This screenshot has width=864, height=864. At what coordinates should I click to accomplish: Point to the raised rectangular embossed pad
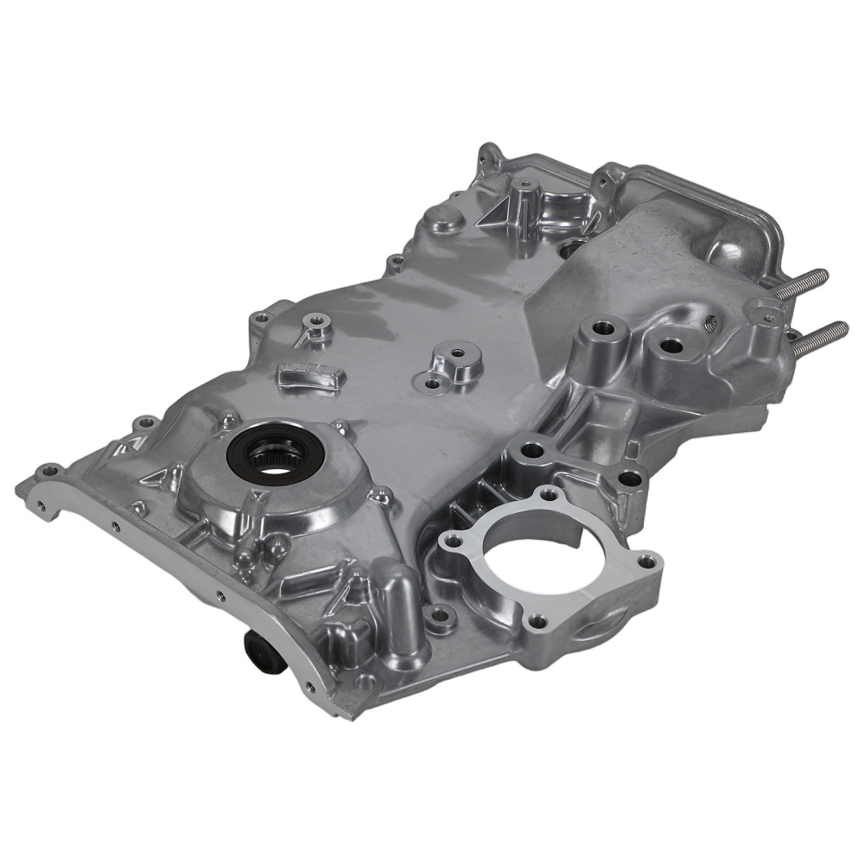311,377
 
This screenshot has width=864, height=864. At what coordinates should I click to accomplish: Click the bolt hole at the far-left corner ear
48,472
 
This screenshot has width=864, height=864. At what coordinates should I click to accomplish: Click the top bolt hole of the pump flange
549,496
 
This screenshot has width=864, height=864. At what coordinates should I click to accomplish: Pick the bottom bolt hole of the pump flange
538,620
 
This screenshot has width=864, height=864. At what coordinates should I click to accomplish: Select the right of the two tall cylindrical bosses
670,346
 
